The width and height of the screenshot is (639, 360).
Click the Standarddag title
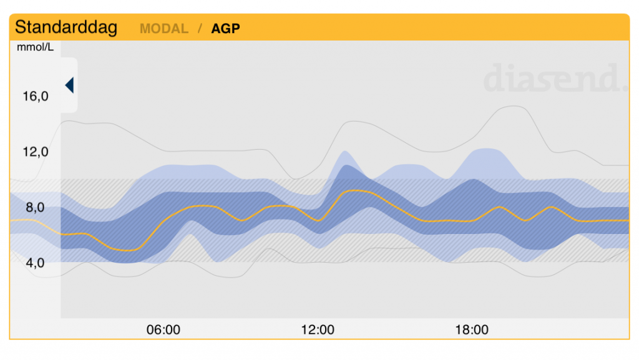66,27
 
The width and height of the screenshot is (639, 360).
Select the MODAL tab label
163,29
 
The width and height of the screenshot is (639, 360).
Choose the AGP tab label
225,29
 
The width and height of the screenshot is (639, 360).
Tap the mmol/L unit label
35,47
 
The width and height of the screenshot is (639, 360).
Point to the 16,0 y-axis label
36,96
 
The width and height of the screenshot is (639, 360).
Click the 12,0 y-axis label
36,152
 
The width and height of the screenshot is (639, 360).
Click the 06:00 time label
163,329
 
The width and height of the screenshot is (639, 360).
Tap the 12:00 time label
318,329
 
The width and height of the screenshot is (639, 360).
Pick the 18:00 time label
472,329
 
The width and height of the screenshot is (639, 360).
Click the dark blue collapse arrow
69,85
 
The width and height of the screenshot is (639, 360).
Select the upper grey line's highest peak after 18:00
515,106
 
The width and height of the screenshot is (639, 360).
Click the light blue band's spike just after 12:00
344,152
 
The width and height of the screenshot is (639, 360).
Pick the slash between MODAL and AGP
200,29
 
